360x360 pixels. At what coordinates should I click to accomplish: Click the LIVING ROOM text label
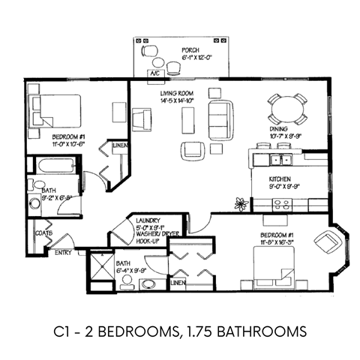pos(178,93)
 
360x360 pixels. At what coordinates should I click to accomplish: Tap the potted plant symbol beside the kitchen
pos(241,202)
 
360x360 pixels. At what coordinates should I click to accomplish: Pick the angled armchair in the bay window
pos(328,241)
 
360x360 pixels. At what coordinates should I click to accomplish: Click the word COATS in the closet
pos(43,233)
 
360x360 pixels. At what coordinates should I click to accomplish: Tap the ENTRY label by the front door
pos(63,252)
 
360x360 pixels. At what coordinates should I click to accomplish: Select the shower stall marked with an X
pos(100,267)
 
